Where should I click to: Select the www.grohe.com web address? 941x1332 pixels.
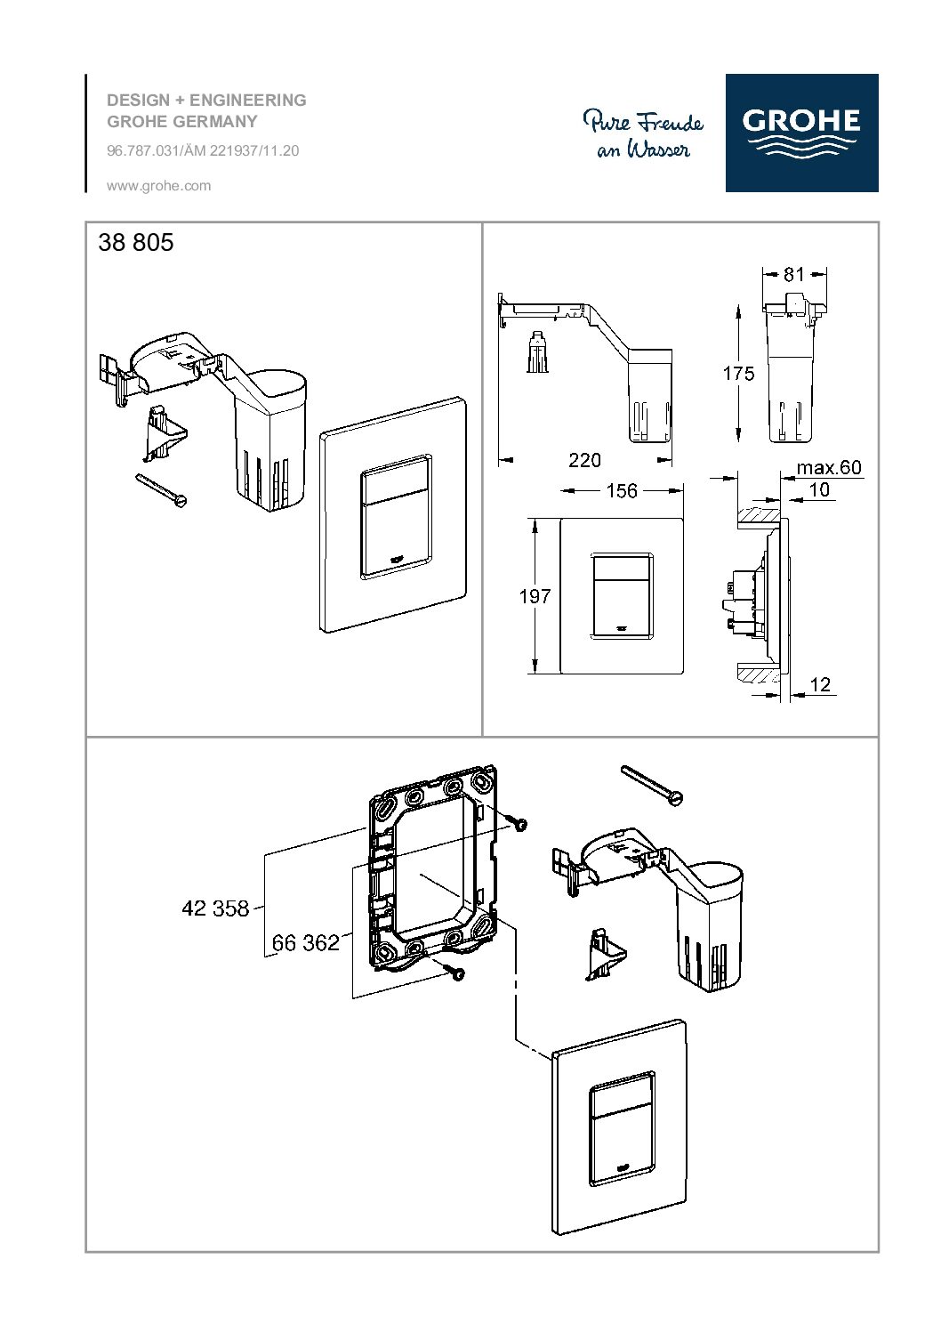point(158,186)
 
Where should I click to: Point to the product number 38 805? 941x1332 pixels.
point(136,242)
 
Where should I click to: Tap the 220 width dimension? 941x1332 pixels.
point(584,460)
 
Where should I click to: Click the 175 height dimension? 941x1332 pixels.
point(737,373)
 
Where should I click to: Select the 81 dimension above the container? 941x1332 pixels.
point(793,275)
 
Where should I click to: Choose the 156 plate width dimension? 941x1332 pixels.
point(621,491)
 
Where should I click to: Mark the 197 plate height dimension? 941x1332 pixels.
point(535,596)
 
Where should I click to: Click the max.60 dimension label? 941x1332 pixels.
point(828,468)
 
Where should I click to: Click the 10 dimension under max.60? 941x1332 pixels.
point(819,489)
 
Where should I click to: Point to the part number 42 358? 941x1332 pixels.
point(215,908)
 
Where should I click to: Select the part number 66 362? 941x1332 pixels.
point(306,942)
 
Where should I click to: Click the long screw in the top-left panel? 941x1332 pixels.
point(163,490)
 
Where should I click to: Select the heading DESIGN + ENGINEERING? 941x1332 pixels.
point(206,101)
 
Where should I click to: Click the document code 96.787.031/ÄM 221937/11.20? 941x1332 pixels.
point(203,151)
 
